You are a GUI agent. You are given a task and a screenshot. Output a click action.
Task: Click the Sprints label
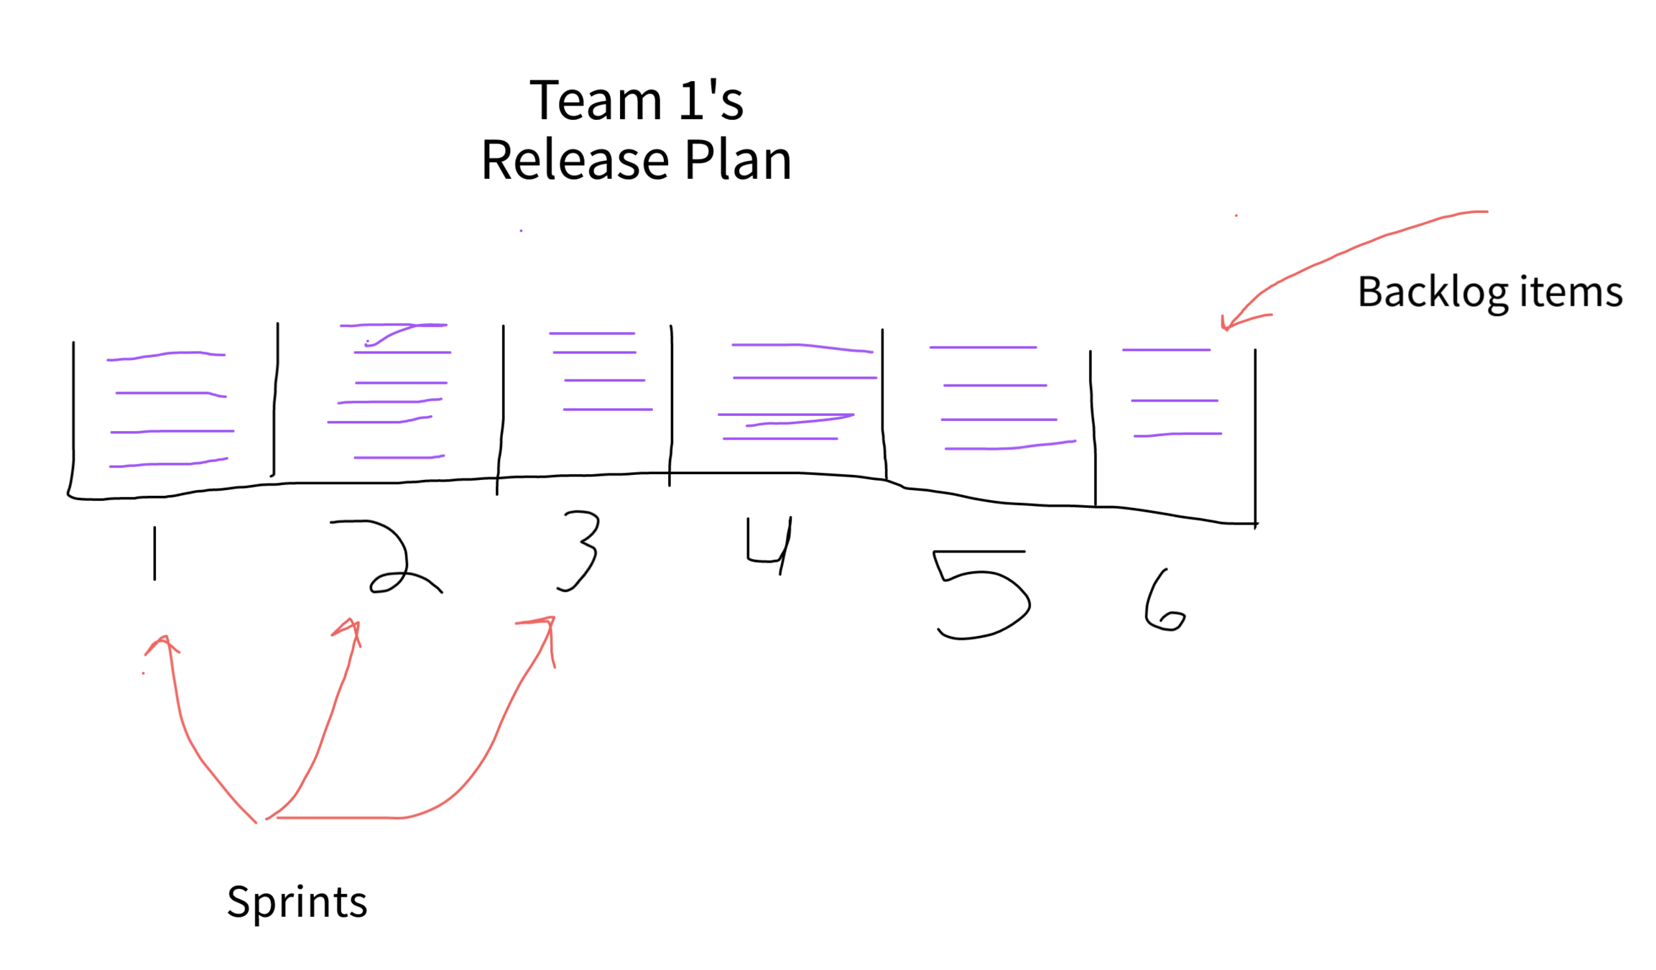pos(297,902)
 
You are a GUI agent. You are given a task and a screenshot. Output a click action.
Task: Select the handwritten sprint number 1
pos(154,553)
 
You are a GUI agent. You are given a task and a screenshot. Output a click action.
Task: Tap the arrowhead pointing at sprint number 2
pos(351,627)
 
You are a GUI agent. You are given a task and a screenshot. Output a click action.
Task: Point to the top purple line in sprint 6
pos(1166,350)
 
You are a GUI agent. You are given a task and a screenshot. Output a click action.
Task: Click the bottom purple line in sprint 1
pos(168,464)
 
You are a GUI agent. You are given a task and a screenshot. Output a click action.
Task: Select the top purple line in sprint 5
pos(983,348)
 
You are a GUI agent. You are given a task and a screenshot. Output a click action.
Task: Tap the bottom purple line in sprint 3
pos(608,410)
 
